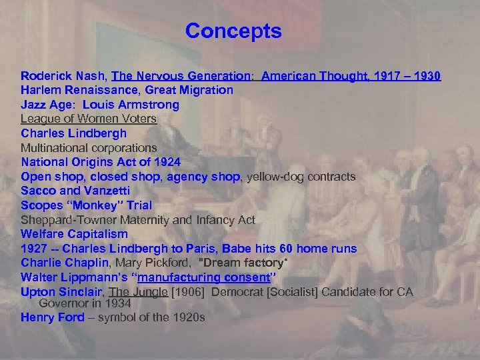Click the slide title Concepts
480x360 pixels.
233,31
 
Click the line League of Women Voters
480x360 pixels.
88,119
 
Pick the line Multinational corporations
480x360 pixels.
89,147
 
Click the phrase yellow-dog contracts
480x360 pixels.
301,177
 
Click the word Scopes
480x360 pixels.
41,205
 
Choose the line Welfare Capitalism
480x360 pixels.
74,234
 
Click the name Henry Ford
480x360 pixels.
53,317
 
